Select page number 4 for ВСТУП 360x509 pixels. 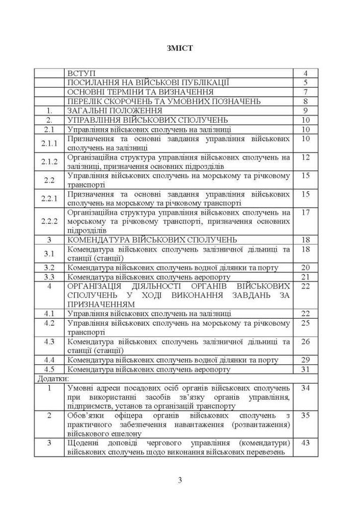pyautogui.click(x=306, y=73)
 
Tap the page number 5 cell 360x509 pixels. pyautogui.click(x=306, y=82)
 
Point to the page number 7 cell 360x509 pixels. pyautogui.click(x=306, y=92)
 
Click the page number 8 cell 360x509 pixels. pyautogui.click(x=306, y=101)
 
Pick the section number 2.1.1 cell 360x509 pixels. pyautogui.click(x=50, y=143)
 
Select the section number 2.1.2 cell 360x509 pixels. pyautogui.click(x=50, y=161)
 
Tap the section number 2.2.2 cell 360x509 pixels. pyautogui.click(x=50, y=221)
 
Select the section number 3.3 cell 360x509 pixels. pyautogui.click(x=49, y=277)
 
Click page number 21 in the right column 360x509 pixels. pyautogui.click(x=306, y=277)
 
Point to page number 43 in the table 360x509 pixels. pyautogui.click(x=306, y=443)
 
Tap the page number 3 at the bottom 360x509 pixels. pyautogui.click(x=180, y=480)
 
